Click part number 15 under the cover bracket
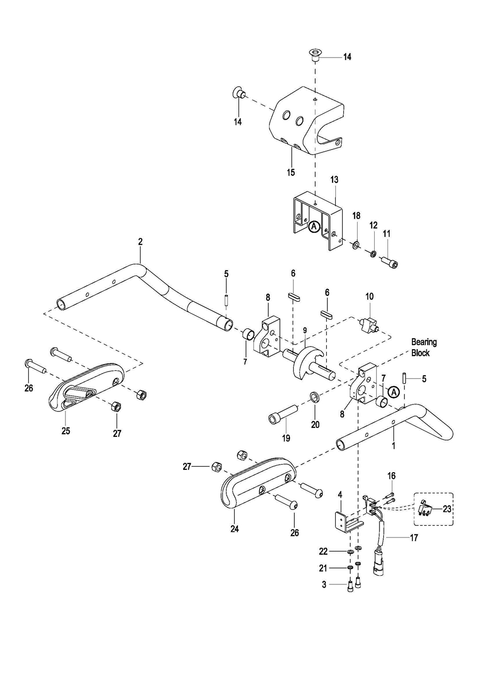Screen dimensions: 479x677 coord(291,172)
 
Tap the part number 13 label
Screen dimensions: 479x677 coord(334,180)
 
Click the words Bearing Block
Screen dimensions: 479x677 coord(424,347)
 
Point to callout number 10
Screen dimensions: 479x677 coord(369,296)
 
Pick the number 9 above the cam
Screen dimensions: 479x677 coord(305,330)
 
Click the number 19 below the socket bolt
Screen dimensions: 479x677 coord(286,438)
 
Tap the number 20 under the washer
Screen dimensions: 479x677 coord(315,425)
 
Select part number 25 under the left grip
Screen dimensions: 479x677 coord(66,431)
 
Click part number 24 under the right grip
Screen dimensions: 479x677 coord(235,529)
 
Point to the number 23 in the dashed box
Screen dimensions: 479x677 coord(447,509)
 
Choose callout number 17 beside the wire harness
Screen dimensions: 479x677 coord(414,538)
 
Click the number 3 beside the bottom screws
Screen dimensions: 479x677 coord(324,593)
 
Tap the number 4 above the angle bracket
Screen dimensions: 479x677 coord(340,495)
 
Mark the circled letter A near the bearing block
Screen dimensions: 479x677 coord(393,392)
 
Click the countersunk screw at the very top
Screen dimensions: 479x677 coord(316,56)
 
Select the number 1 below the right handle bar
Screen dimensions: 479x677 coord(394,446)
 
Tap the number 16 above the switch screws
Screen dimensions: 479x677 coord(391,476)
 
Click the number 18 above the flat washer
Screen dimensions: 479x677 coord(357,216)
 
